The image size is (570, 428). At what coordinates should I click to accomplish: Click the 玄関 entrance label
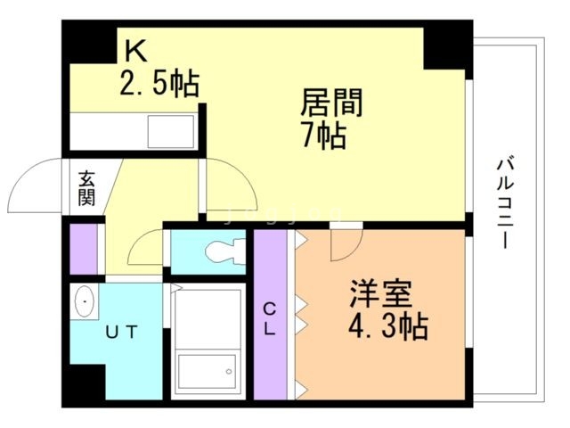[x=85, y=188]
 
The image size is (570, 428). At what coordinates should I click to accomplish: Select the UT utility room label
[x=122, y=333]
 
